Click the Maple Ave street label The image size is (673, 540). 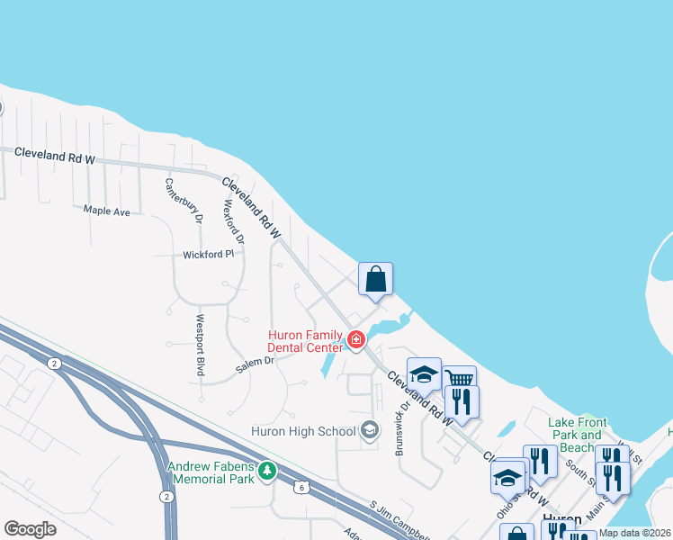(x=106, y=211)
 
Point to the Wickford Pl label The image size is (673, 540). (x=208, y=255)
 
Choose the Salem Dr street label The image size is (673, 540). (x=254, y=362)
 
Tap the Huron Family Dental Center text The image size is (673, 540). (x=305, y=341)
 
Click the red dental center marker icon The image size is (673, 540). (x=356, y=340)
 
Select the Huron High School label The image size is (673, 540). (x=304, y=431)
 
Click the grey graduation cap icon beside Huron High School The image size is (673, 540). (x=369, y=431)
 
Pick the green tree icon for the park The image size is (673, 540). (x=266, y=471)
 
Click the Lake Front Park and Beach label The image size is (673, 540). (x=579, y=435)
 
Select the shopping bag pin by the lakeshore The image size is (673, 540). (x=376, y=279)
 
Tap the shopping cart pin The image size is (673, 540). (x=460, y=379)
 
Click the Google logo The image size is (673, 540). (x=30, y=529)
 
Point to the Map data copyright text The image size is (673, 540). (x=633, y=533)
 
